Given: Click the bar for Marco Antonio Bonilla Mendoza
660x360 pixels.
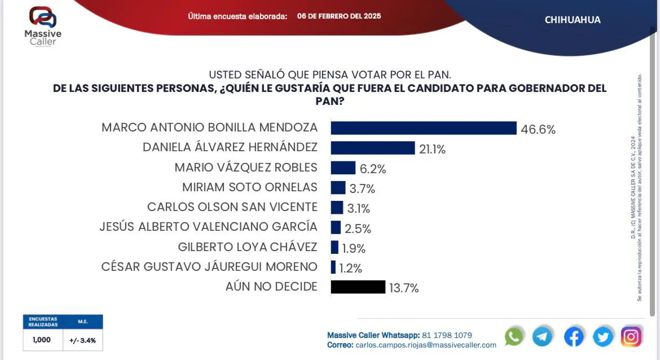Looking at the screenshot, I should pyautogui.click(x=423, y=128).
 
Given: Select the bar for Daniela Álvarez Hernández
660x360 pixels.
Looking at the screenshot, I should pyautogui.click(x=372, y=148).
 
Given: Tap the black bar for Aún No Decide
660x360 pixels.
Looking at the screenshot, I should pyautogui.click(x=358, y=287).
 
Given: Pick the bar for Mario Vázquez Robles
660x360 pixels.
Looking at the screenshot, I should pyautogui.click(x=343, y=168).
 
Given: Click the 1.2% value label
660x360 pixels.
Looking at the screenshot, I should pyautogui.click(x=351, y=268).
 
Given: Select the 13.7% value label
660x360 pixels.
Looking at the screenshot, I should pyautogui.click(x=403, y=288).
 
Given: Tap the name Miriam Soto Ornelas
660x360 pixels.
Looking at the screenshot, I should pyautogui.click(x=250, y=187).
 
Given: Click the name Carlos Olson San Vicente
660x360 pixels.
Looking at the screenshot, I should pyautogui.click(x=232, y=207).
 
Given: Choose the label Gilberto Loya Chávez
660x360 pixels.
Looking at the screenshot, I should pyautogui.click(x=247, y=247).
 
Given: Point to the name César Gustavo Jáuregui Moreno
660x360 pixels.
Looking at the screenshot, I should pyautogui.click(x=209, y=266).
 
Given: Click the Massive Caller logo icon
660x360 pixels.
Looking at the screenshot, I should pyautogui.click(x=43, y=17).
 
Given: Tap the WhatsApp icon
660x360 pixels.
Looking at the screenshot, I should pyautogui.click(x=514, y=337).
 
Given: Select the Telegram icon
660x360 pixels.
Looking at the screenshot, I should pyautogui.click(x=543, y=337).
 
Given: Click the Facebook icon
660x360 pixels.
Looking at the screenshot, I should pyautogui.click(x=574, y=337).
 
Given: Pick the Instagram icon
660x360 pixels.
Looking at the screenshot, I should pyautogui.click(x=631, y=337).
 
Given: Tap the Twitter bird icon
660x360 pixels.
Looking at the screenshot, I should pyautogui.click(x=603, y=337).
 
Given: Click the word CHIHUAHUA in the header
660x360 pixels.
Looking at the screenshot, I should pyautogui.click(x=573, y=20).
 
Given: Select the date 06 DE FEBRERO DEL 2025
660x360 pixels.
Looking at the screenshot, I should pyautogui.click(x=339, y=16).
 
